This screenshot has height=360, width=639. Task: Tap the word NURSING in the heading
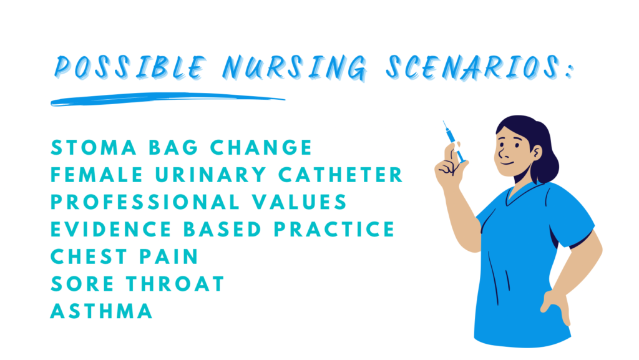tap(295, 67)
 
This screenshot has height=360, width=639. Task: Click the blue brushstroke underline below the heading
tap(167, 99)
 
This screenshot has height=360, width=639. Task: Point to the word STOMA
tap(94, 147)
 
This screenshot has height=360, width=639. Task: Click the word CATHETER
tap(341, 175)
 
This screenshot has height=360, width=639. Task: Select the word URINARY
tap(211, 175)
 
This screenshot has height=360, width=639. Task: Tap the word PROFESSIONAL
tap(145, 202)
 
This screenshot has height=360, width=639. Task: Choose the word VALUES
tap(299, 202)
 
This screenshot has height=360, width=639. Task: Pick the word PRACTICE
tap(334, 229)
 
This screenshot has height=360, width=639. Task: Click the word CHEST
tap(89, 256)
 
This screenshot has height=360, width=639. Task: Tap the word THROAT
tap(175, 284)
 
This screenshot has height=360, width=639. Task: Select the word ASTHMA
tap(102, 311)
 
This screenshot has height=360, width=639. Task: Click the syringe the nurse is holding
tap(454, 142)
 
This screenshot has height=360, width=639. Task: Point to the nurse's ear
tap(537, 153)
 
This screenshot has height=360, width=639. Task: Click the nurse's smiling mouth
tap(507, 163)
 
